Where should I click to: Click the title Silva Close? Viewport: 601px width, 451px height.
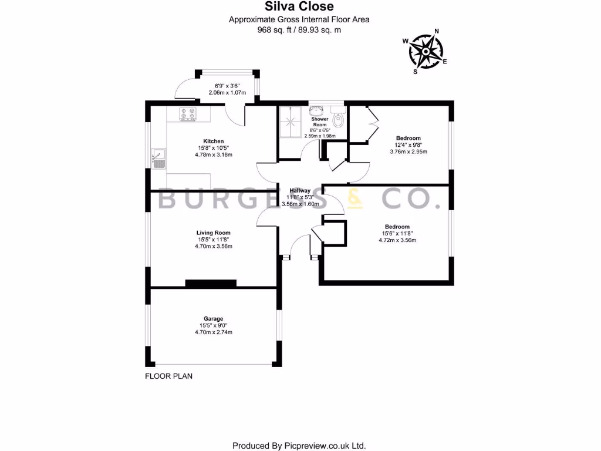coord(299,7)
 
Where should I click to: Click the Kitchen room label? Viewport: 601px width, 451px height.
coord(213,142)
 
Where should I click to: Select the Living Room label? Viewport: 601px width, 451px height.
coord(214,233)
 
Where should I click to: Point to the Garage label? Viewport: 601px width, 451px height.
coord(214,319)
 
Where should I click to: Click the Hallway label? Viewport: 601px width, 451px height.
coord(299,191)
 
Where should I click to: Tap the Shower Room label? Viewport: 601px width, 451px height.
coord(320,122)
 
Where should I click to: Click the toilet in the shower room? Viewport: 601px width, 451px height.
coord(337,120)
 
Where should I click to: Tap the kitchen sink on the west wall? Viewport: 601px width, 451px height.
coord(158,159)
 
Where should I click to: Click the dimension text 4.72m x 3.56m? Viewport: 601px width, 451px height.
coord(397,240)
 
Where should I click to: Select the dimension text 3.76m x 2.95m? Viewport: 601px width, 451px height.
coord(408,152)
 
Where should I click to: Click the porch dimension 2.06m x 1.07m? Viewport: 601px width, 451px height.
coord(227,93)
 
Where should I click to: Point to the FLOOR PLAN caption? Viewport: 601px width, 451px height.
coord(168,376)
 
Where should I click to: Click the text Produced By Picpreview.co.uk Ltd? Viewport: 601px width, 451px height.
coord(299,445)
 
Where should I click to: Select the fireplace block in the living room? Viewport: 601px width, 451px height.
coord(211,283)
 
